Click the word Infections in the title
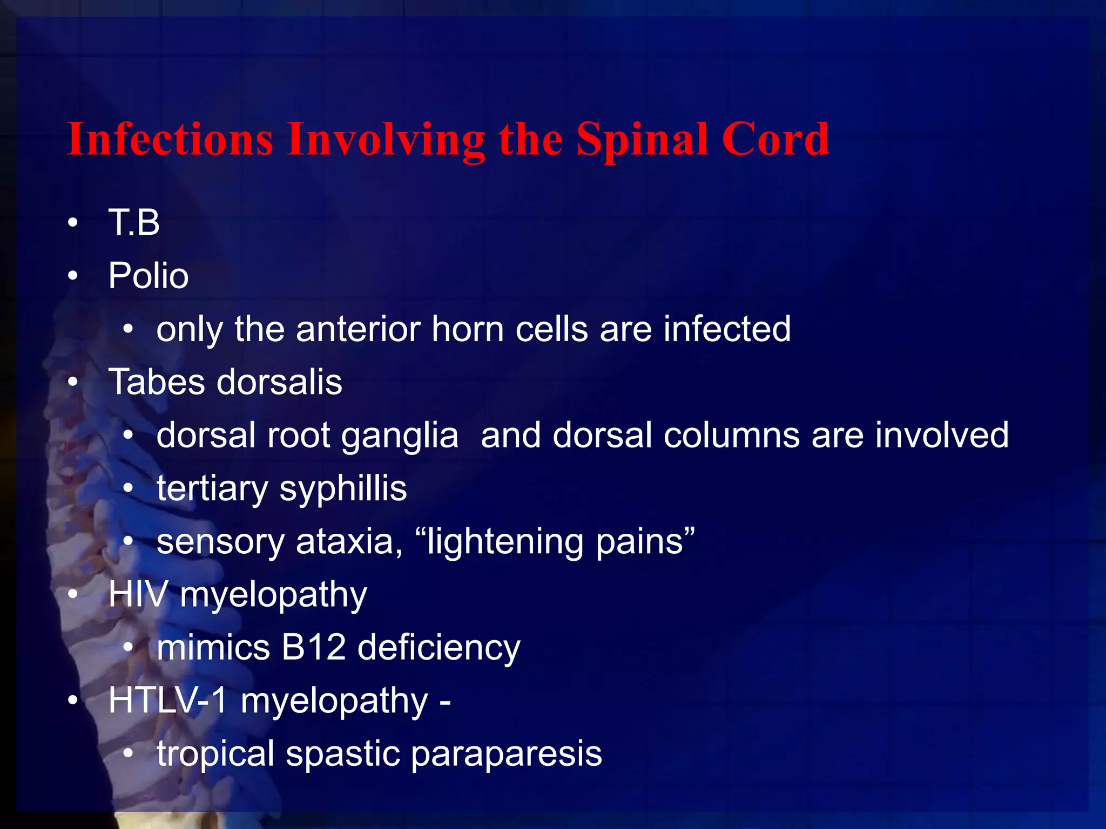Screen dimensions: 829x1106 [170, 139]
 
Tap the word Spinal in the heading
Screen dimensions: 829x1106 [642, 140]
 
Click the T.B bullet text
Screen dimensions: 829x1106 [134, 222]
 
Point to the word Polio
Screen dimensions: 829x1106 [148, 276]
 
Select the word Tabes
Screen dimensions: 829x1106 [156, 382]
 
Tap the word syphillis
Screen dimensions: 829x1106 [343, 489]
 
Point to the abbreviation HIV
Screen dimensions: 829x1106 [138, 594]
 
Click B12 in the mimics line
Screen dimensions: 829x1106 [313, 647]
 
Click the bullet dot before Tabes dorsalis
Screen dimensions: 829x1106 [73, 383]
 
